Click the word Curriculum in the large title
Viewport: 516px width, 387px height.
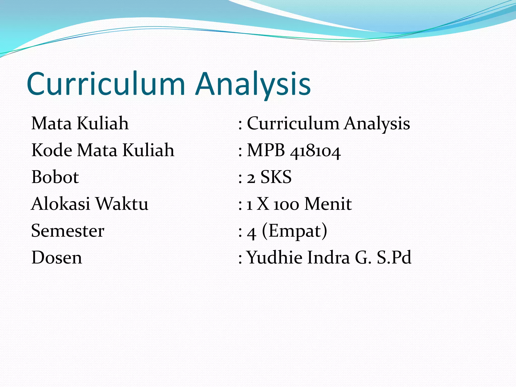106,84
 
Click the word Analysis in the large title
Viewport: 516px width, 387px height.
253,84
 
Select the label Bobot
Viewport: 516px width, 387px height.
55,177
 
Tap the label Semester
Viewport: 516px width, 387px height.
68,231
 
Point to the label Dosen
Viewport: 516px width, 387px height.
57,257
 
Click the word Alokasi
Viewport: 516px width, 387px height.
60,204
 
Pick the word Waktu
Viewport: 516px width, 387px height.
122,204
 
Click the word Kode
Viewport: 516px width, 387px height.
52,150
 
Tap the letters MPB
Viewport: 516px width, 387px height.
266,150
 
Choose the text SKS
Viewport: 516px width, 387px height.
276,177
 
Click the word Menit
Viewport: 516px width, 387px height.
328,204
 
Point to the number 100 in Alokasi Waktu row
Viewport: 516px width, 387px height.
286,205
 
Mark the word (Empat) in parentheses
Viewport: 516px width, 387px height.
295,231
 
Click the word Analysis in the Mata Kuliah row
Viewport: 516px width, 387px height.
377,124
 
